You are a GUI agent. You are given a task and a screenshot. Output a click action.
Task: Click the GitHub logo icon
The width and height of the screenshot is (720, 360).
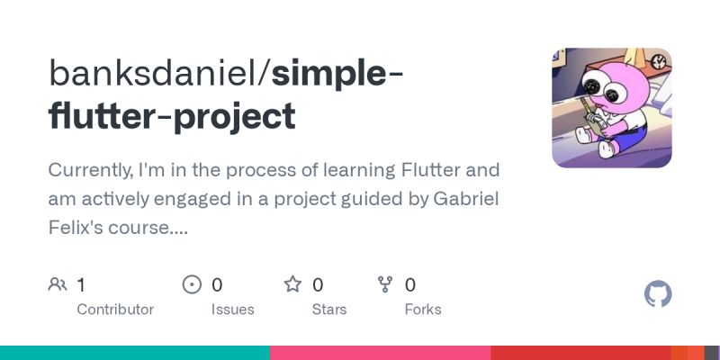pos(659,294)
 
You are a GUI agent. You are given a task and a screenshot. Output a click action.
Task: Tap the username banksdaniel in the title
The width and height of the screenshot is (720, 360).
pos(157,73)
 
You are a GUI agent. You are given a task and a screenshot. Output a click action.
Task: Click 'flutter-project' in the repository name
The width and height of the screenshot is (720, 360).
pos(172,116)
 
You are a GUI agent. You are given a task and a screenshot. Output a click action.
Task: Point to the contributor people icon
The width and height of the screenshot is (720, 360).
pos(58,285)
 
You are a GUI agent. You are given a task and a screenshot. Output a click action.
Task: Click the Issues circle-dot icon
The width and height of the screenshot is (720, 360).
pos(192,285)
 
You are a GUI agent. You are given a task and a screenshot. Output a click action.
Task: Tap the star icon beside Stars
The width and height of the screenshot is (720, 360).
pos(292,285)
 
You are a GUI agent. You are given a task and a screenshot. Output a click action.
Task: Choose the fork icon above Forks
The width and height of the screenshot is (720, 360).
pos(385,285)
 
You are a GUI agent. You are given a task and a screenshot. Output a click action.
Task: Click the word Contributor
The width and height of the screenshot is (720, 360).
pos(115,310)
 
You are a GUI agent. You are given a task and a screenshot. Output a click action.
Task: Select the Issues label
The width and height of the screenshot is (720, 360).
pos(232,310)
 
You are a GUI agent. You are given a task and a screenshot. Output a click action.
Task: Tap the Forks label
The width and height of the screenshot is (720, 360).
pos(423,310)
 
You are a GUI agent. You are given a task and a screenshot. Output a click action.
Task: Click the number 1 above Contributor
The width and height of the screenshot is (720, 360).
pos(81,285)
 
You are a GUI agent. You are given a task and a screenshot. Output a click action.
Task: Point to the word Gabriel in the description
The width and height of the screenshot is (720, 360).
pos(465,199)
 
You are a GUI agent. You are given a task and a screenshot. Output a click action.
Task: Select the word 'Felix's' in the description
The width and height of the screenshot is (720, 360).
pos(80,228)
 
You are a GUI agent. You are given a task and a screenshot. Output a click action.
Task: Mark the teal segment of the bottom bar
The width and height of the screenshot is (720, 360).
pos(135,353)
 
